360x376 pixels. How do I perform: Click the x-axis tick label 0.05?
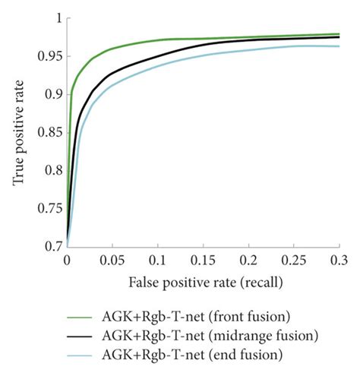click(112, 260)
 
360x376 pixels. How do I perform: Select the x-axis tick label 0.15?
click(203, 260)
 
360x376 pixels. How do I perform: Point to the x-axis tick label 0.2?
click(249, 260)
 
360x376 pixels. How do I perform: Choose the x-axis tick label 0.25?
click(293, 260)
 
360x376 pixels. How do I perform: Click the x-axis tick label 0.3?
click(339, 260)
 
